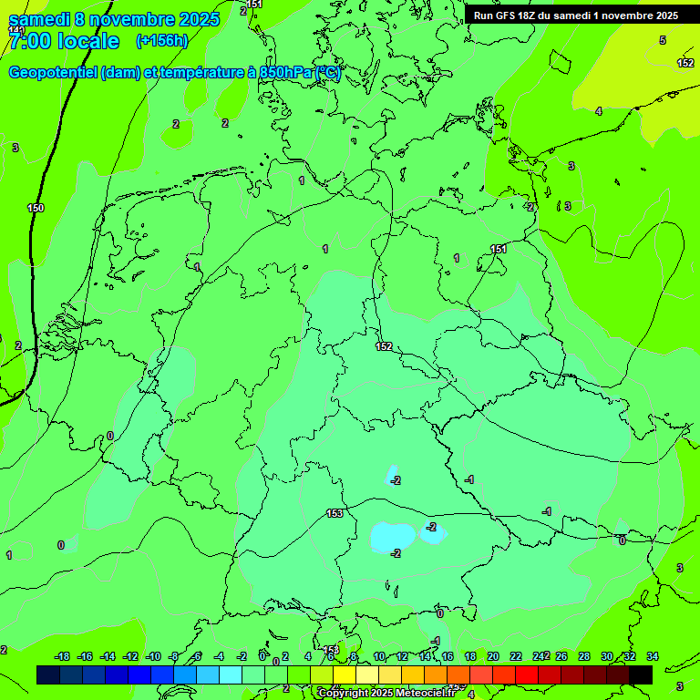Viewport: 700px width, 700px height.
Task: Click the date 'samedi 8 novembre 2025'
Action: point(114,20)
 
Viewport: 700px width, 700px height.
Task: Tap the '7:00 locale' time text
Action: point(63,41)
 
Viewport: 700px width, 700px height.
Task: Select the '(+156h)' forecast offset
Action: point(161,41)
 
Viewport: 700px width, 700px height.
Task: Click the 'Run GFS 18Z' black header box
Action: point(575,15)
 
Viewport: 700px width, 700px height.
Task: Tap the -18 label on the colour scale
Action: point(63,656)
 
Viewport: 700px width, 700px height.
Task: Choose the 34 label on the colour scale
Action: point(653,656)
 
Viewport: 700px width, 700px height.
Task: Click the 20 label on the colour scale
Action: point(493,656)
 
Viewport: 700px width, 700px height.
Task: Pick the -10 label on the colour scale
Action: point(153,656)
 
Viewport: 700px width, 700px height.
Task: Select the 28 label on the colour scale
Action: point(584,656)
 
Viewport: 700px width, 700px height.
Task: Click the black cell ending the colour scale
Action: point(641,674)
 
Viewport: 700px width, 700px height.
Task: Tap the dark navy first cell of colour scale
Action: point(48,674)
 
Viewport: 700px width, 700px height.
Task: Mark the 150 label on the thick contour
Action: point(36,209)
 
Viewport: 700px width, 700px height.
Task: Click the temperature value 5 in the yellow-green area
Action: point(663,40)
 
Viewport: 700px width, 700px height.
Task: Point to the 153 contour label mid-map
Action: point(335,514)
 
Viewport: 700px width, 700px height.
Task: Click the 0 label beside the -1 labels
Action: point(623,540)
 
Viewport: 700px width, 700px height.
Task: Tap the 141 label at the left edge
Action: point(15,30)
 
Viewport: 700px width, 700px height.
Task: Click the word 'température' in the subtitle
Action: point(203,73)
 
